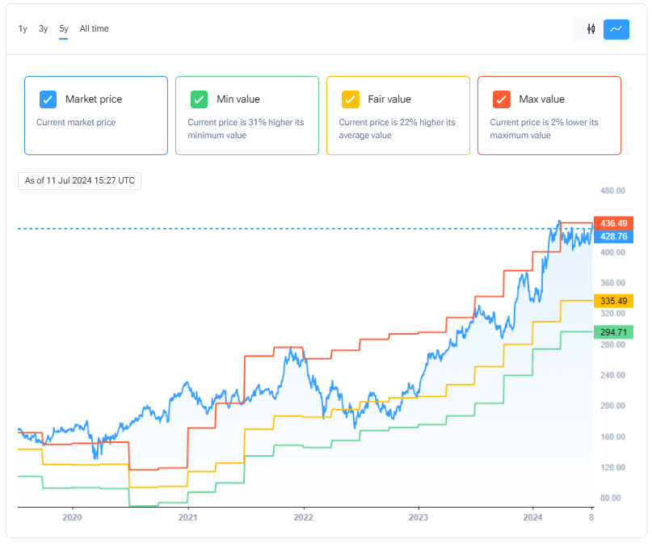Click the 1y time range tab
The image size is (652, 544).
pyautogui.click(x=23, y=29)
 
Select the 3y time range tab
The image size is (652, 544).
pyautogui.click(x=43, y=29)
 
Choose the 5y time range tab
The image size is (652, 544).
pyautogui.click(x=63, y=29)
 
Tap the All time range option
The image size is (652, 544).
pyautogui.click(x=94, y=29)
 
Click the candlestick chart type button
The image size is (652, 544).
pyautogui.click(x=591, y=29)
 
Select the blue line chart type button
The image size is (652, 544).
pyautogui.click(x=616, y=29)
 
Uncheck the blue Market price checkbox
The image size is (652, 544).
pyautogui.click(x=48, y=99)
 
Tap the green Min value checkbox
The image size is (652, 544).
pyautogui.click(x=199, y=99)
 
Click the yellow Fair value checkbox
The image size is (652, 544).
pyautogui.click(x=350, y=99)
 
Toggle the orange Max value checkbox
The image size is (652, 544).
pyautogui.click(x=501, y=99)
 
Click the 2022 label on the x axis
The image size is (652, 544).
pyautogui.click(x=303, y=517)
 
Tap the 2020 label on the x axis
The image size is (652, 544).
pyautogui.click(x=73, y=517)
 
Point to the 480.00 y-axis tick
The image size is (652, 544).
pyautogui.click(x=613, y=191)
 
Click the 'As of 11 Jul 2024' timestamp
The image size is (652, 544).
pyautogui.click(x=80, y=180)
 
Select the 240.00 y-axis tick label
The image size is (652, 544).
pyautogui.click(x=613, y=375)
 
